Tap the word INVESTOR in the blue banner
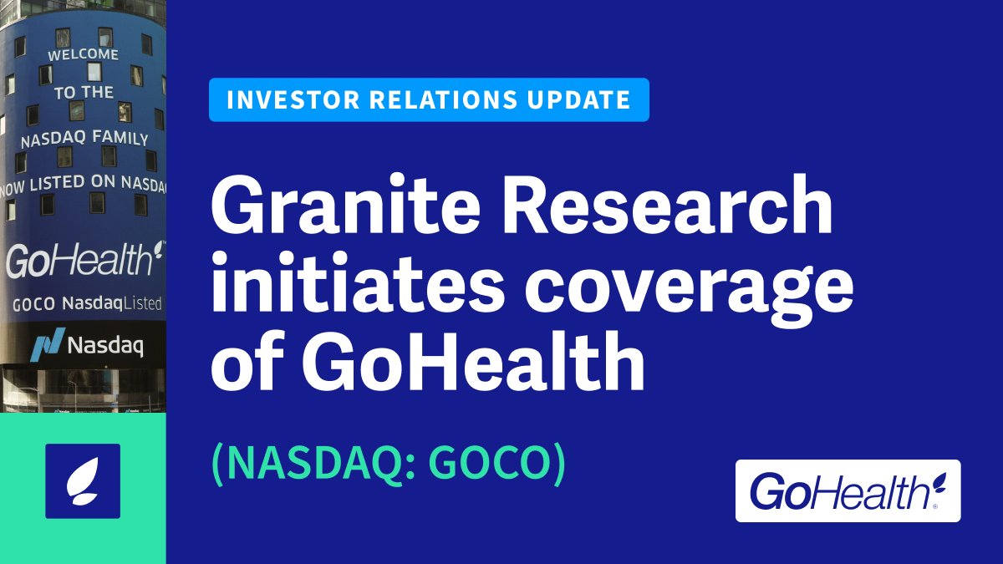(x=281, y=100)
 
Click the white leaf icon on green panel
(x=83, y=481)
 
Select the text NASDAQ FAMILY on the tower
(x=84, y=139)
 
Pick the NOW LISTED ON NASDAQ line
(x=83, y=182)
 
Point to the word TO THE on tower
(x=84, y=93)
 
